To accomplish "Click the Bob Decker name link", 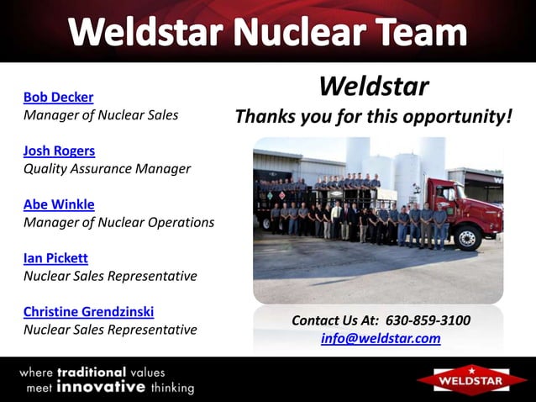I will click(58, 97).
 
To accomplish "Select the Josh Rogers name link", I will click(59, 151).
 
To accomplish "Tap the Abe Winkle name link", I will click(59, 204).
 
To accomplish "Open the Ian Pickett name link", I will click(55, 258).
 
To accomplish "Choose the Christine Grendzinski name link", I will click(88, 311).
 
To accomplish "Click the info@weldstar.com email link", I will click(381, 338).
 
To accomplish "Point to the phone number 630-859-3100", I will click(428, 320).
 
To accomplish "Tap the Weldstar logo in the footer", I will click(472, 379).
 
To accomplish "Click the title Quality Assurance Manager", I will click(107, 168).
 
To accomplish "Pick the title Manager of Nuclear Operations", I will click(118, 222).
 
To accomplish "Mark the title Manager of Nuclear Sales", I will click(101, 114).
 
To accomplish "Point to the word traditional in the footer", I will click(91, 372).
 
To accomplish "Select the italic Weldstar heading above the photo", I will click(374, 86).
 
